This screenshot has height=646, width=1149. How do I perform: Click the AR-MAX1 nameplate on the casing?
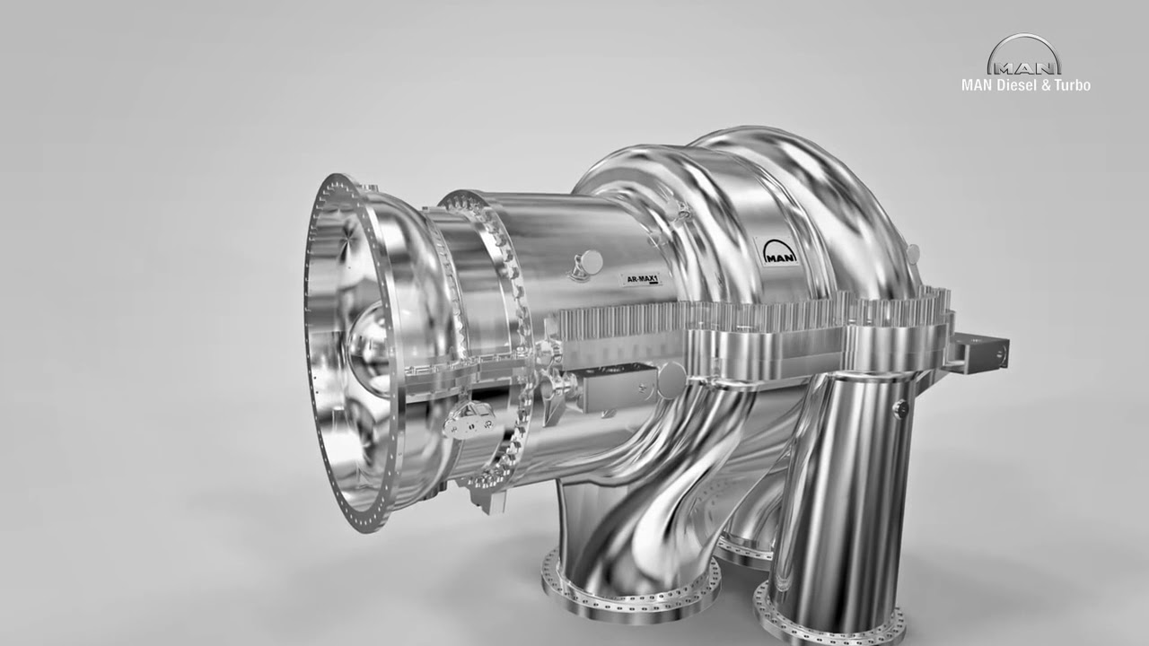coord(641,280)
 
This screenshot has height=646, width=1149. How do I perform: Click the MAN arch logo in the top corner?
coord(1024,56)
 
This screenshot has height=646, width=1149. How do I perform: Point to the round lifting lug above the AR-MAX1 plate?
coord(588,261)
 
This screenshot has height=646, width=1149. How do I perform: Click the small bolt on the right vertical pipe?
coord(900,408)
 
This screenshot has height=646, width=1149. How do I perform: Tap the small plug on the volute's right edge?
coord(913,254)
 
